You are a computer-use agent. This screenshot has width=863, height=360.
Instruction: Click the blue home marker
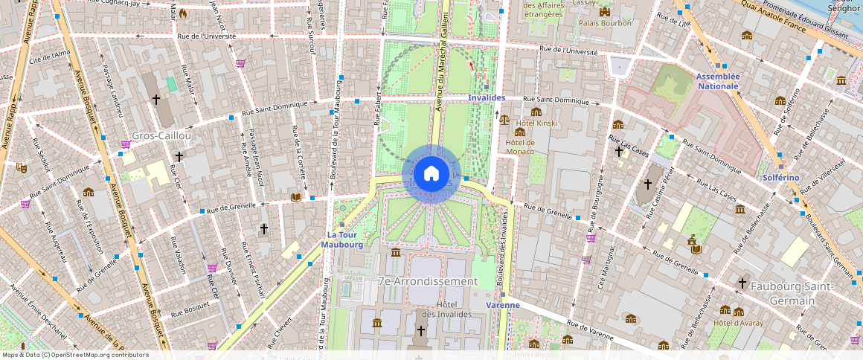point(431,173)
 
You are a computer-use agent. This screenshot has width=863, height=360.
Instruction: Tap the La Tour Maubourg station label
point(344,239)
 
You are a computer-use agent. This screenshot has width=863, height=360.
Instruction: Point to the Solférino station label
point(780,178)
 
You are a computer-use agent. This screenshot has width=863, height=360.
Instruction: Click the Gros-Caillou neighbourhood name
point(161,136)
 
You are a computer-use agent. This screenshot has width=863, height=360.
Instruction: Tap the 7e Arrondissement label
point(427,281)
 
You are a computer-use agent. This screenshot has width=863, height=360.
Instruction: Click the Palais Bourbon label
point(605,23)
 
